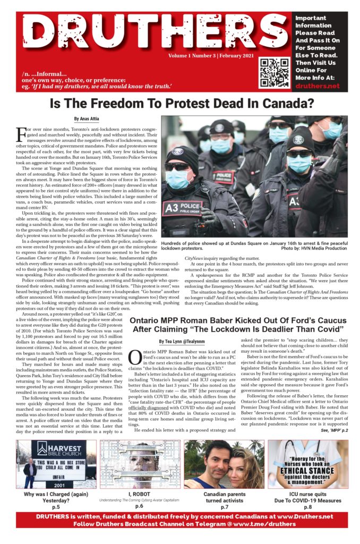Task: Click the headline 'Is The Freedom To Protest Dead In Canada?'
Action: point(180,104)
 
